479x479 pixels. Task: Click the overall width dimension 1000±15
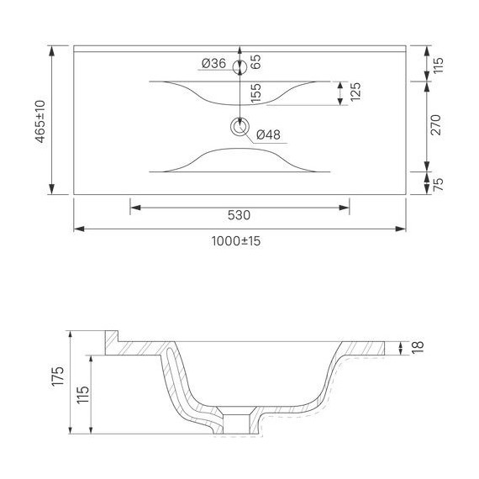(x=237, y=240)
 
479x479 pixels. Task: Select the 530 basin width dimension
(x=239, y=215)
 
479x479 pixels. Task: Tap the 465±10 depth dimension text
(x=39, y=120)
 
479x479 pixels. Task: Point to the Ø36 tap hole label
(x=214, y=63)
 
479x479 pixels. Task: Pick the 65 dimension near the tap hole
(x=255, y=61)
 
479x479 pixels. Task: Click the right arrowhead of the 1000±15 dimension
(x=403, y=228)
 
